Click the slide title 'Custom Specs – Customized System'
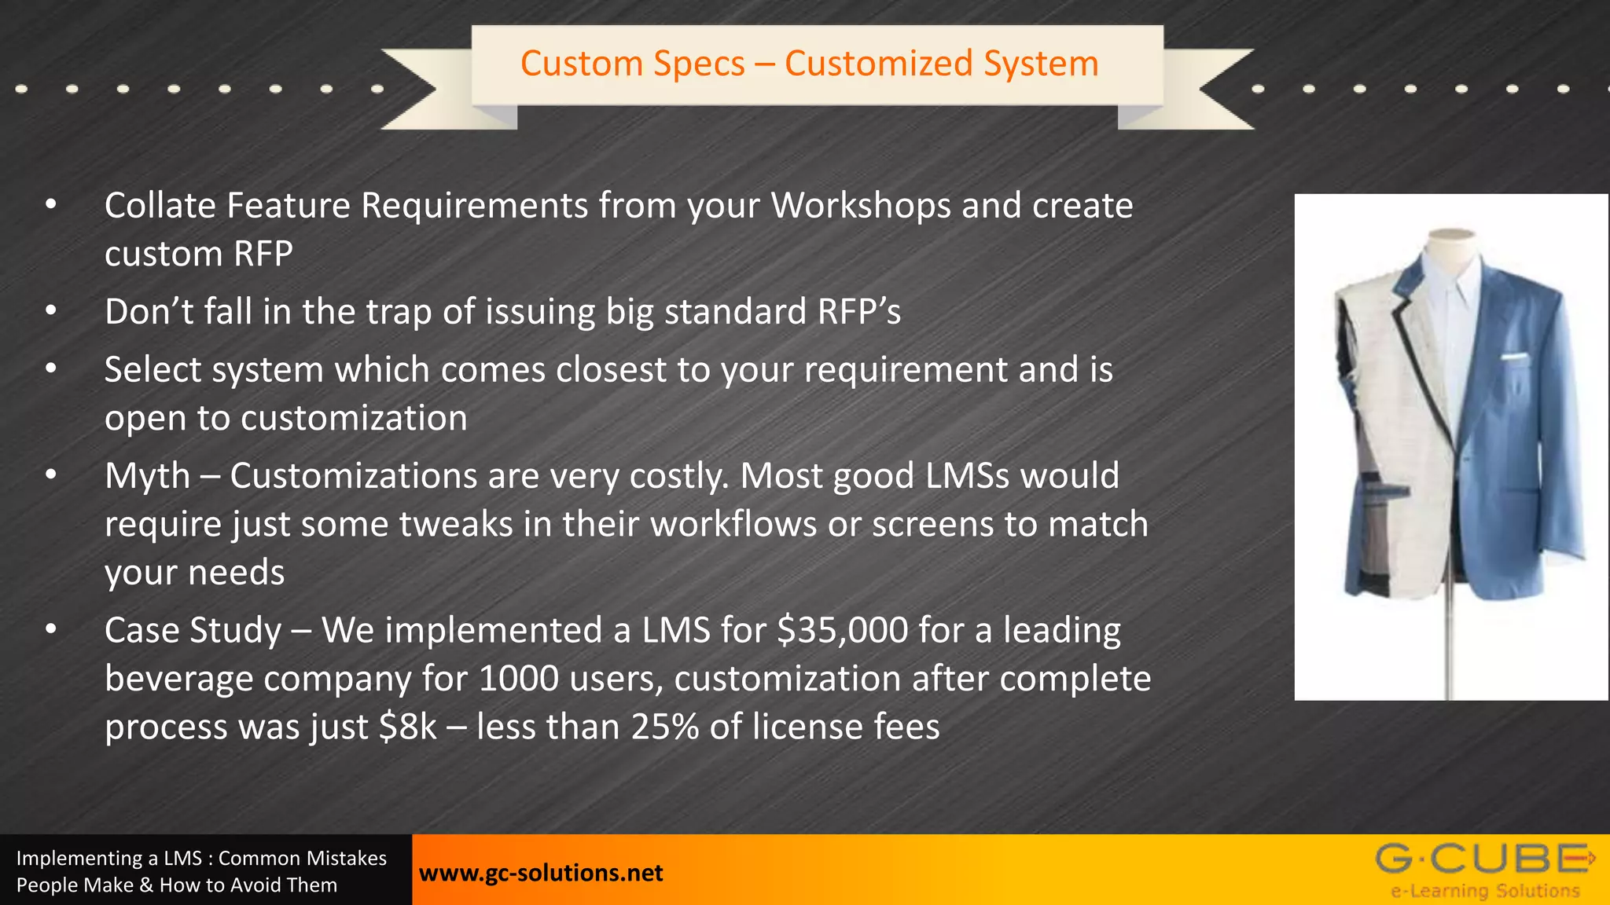click(x=809, y=64)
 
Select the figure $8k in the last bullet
click(x=407, y=727)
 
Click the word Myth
click(x=148, y=476)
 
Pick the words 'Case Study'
click(x=193, y=630)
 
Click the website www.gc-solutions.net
click(x=541, y=873)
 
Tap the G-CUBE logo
click(x=1484, y=859)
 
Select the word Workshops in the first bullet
click(x=861, y=206)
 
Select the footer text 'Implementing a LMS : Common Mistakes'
click(x=201, y=858)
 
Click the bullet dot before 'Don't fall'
click(x=51, y=311)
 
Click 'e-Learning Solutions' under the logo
click(x=1485, y=891)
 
